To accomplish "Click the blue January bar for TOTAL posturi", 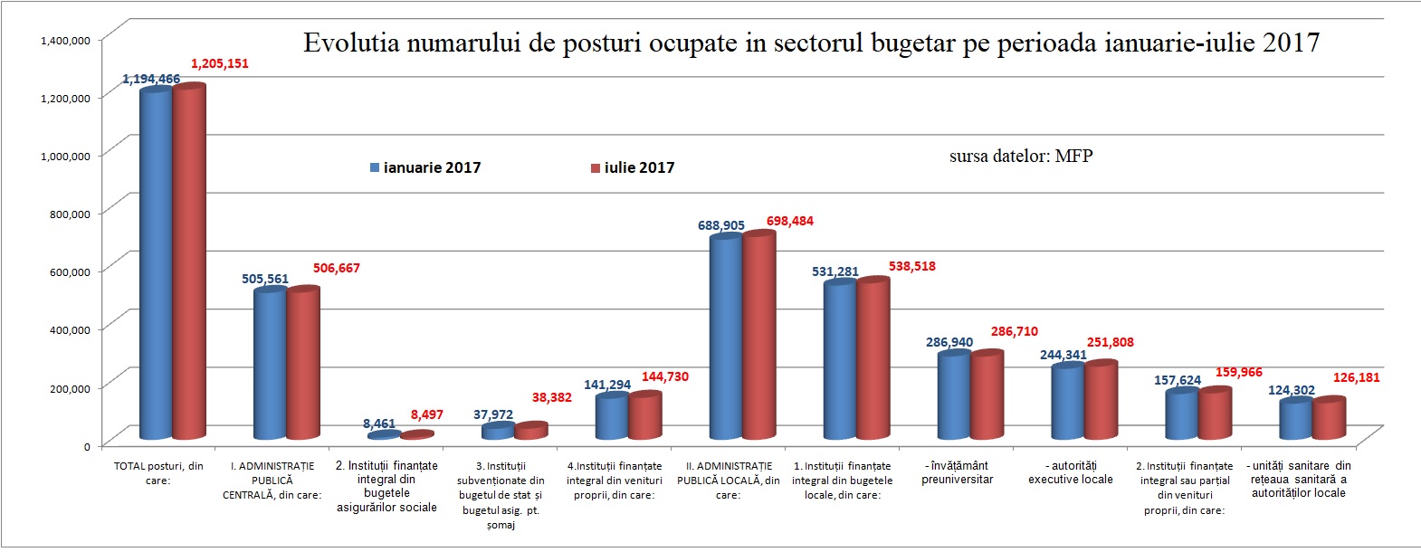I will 156,262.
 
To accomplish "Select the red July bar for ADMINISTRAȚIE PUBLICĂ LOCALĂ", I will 758,335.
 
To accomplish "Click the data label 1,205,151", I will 219,64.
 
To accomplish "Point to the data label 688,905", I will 721,225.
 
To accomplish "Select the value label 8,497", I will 427,414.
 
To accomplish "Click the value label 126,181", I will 1356,377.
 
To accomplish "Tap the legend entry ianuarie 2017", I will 425,167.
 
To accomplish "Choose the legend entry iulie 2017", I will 633,167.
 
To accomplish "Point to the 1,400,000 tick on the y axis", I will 65,40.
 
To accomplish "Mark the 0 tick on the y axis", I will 87,446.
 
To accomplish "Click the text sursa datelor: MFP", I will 1021,157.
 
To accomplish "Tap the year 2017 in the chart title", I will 1290,43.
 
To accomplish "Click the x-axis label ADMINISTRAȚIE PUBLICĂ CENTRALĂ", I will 272,481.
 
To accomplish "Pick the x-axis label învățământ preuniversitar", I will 957,472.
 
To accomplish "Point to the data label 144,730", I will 665,376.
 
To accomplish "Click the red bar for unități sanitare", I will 1329,419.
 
